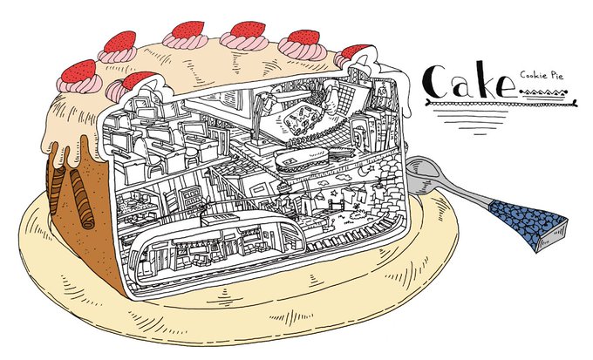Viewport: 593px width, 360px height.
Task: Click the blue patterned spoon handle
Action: pos(523,221)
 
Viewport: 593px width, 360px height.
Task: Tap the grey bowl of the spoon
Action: pos(429,174)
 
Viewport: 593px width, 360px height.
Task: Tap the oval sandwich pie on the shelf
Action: pos(299,161)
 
